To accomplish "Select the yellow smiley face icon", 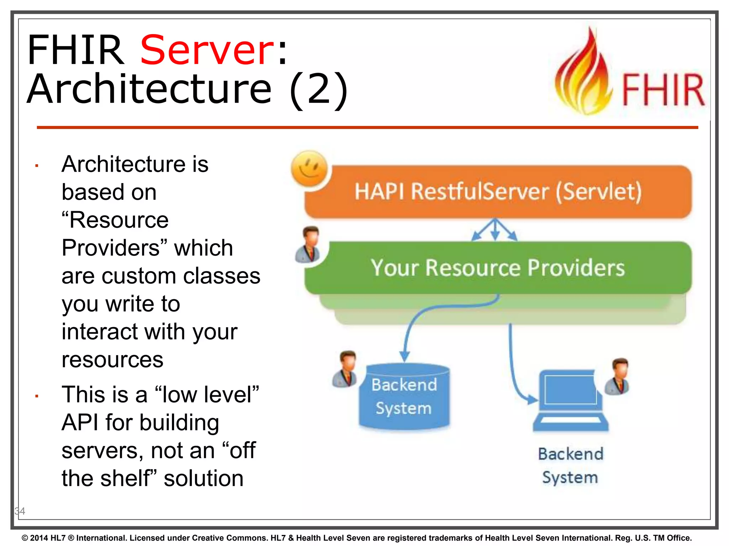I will coord(309,168).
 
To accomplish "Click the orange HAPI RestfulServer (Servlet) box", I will coord(498,192).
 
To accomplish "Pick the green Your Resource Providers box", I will coord(498,268).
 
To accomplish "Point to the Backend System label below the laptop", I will coord(570,466).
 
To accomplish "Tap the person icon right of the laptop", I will coord(618,376).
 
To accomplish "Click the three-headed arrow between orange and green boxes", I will coord(494,230).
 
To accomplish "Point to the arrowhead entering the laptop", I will coord(532,400).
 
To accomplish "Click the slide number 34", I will coord(20,511).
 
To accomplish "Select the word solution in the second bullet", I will coord(204,478).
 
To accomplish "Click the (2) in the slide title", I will coord(318,89).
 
